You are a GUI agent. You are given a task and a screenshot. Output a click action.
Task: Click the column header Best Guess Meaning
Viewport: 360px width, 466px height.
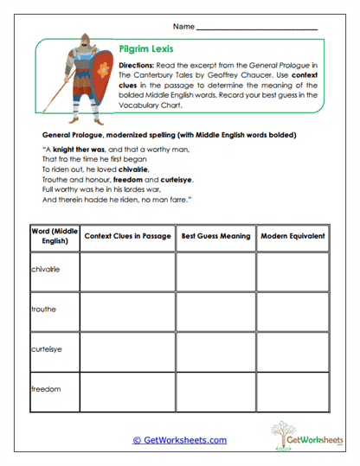coord(215,235)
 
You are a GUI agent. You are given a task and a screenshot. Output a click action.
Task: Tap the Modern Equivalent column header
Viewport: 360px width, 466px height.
coord(293,235)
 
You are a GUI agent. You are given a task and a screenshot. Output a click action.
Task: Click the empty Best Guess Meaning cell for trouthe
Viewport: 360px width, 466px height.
coord(215,312)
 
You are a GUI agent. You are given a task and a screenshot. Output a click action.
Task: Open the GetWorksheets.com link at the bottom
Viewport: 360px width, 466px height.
coord(179,440)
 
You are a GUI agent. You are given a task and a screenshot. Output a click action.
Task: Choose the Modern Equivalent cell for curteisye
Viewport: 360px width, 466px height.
coord(293,352)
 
